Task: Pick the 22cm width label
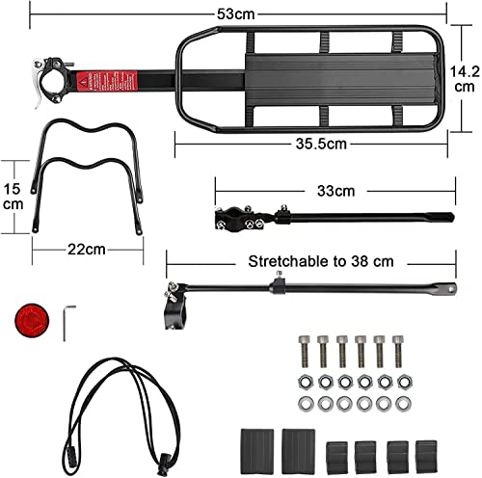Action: point(88,250)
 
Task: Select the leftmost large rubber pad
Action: point(257,446)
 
